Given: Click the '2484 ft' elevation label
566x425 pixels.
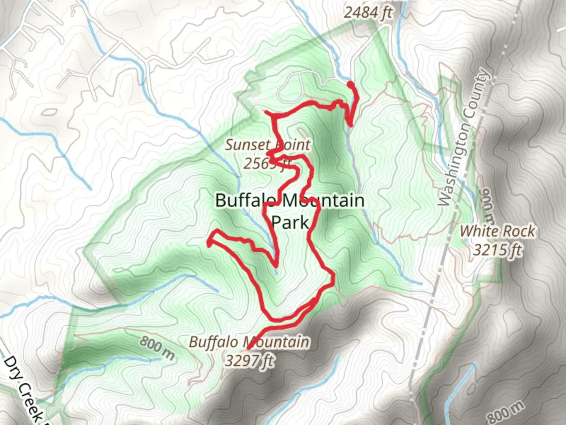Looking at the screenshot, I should pyautogui.click(x=368, y=13).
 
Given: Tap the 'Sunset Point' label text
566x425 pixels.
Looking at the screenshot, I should pyautogui.click(x=267, y=145).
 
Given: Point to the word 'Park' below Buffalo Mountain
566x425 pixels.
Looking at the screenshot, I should pyautogui.click(x=290, y=222).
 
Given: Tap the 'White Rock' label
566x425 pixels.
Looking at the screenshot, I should pyautogui.click(x=497, y=231).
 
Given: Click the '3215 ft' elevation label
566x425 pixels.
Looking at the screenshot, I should pyautogui.click(x=497, y=249).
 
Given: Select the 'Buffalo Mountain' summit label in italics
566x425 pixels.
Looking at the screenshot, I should pyautogui.click(x=249, y=342).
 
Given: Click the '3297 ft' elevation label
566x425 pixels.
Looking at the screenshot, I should pyautogui.click(x=249, y=360).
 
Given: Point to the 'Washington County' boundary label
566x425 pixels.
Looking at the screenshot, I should pyautogui.click(x=465, y=138).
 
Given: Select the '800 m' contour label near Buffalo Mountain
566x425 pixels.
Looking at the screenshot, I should pyautogui.click(x=156, y=348).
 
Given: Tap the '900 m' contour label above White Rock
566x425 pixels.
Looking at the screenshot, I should pyautogui.click(x=487, y=205).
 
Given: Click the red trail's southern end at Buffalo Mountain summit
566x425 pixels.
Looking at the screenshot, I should pyautogui.click(x=248, y=349).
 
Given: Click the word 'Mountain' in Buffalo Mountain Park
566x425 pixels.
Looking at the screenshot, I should pyautogui.click(x=322, y=201).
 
